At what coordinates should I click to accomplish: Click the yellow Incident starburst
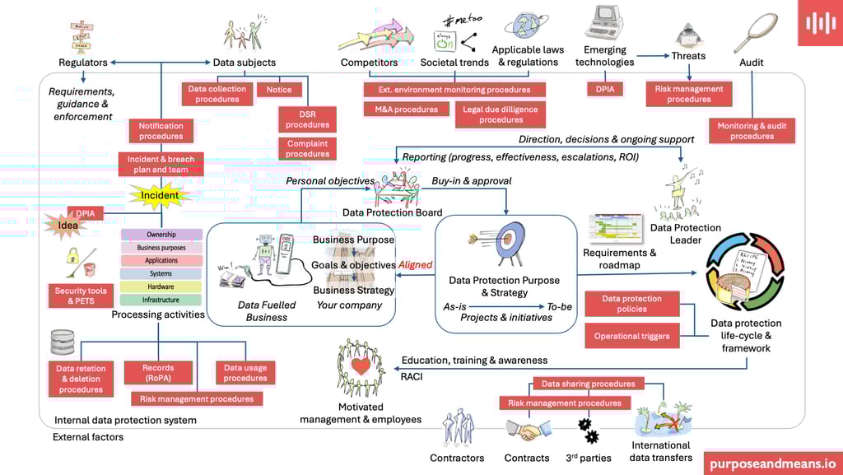161,196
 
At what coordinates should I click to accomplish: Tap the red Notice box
279,90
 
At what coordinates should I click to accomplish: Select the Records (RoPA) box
158,373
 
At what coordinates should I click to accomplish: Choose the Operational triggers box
632,336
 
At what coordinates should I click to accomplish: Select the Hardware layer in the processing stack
161,286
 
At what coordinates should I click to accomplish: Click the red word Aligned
416,265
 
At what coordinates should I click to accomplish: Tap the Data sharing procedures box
588,384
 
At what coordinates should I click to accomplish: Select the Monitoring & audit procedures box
752,131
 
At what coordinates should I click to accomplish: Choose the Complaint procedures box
308,149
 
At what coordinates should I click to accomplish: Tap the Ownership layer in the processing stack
161,235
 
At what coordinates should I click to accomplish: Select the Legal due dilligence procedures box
501,114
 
